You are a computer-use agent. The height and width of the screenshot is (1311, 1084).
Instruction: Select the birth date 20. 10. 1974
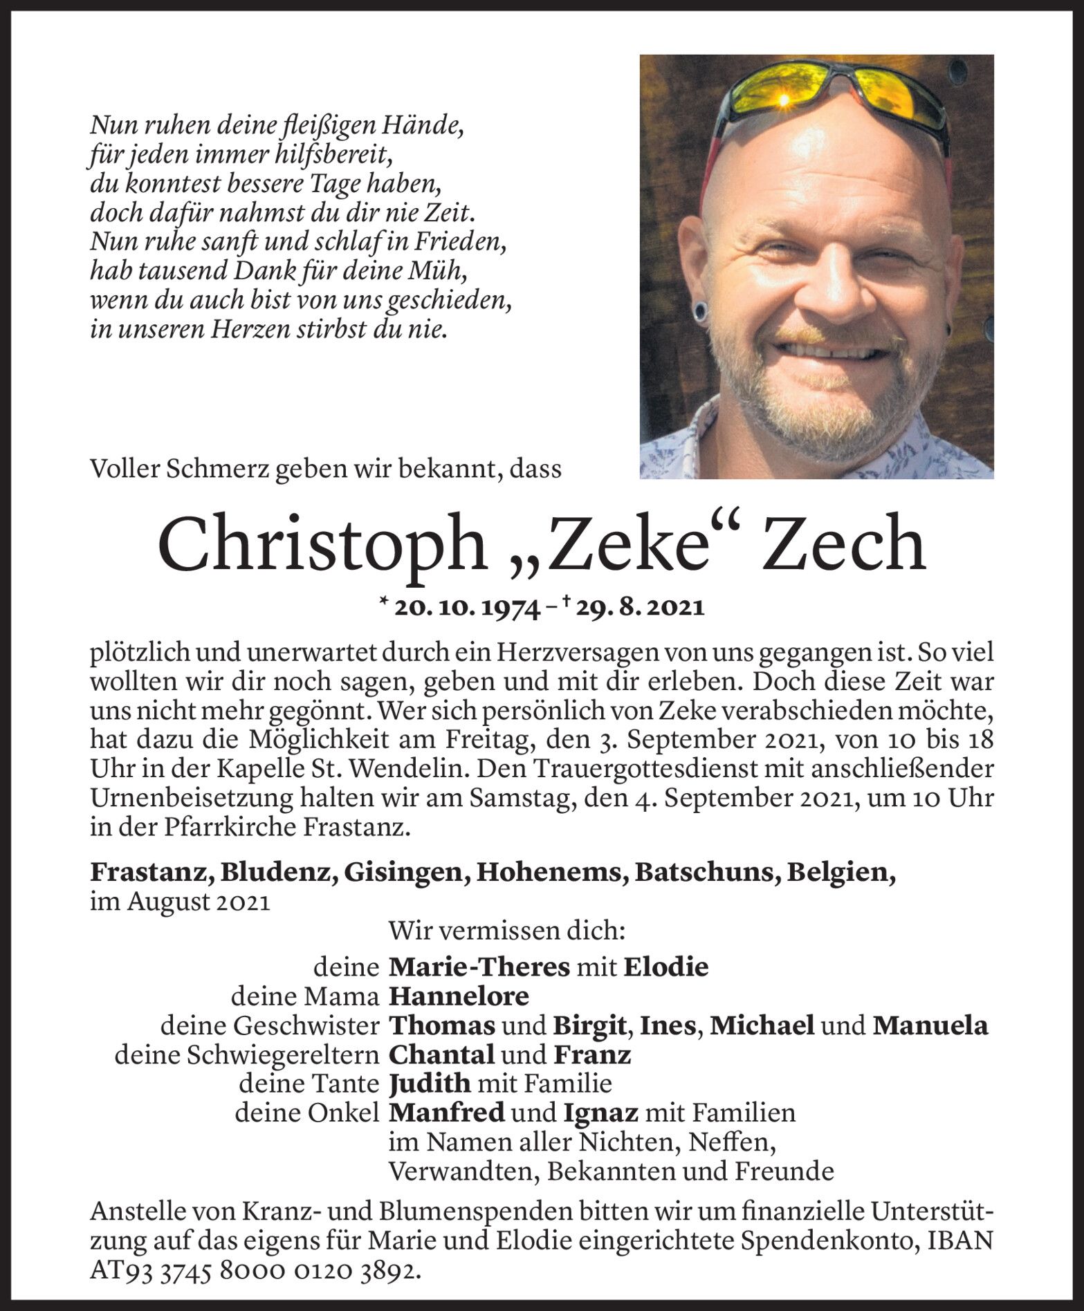coord(468,608)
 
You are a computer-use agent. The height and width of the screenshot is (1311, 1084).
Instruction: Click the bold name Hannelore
coord(459,996)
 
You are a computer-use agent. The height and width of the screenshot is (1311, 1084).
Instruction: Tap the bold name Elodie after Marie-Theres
coord(665,967)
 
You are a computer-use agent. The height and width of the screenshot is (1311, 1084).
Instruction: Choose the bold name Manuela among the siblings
coord(930,1025)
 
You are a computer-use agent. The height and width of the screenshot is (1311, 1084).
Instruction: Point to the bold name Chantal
coord(441,1055)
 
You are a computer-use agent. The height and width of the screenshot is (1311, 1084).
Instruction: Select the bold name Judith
coord(430,1084)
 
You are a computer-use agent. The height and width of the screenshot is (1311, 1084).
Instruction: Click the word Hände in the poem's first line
coord(439,126)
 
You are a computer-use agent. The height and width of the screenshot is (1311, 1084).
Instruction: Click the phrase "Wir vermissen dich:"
coord(507,931)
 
